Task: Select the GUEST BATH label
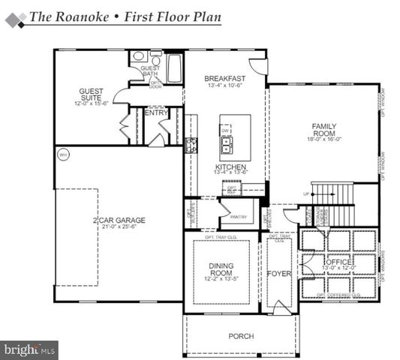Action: coord(150,72)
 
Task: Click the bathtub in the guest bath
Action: coord(174,67)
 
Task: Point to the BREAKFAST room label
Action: coord(225,78)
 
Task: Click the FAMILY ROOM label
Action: coord(324,129)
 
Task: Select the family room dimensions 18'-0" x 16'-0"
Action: coord(324,139)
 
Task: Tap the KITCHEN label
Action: coord(226,166)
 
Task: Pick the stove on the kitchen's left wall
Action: coord(191,145)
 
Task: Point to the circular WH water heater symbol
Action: coord(63,154)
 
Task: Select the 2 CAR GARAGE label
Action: coord(119,220)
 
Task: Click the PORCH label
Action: coord(241,336)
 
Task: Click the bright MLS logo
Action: coord(29,349)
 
